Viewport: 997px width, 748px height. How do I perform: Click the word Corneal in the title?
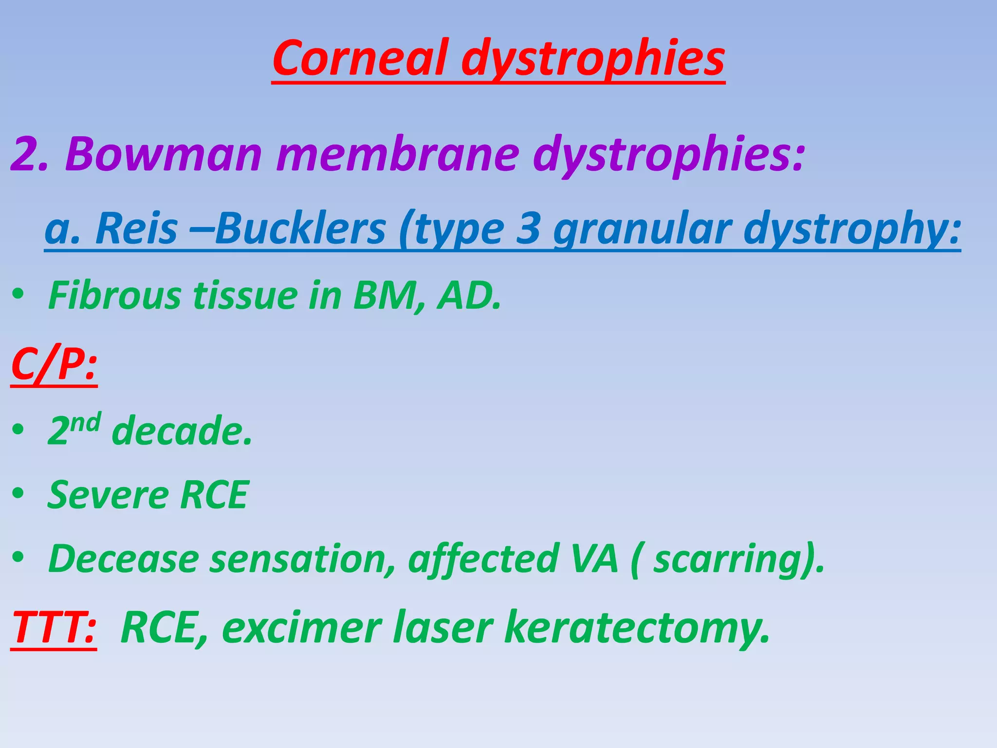coord(361,58)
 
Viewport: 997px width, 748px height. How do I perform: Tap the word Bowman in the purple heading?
coord(164,154)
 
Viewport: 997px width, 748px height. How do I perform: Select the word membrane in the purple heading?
coord(397,154)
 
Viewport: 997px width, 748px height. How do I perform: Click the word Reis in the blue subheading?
coord(136,229)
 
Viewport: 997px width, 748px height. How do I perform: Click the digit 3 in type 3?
coord(528,229)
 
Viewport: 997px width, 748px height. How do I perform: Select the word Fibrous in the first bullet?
coord(114,296)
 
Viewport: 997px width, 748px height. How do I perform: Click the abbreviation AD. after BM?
coord(469,296)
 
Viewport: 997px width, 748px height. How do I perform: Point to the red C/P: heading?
coord(54,365)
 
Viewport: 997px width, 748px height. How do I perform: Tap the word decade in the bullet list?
coord(182,431)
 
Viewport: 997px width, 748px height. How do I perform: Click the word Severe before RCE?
coord(108,495)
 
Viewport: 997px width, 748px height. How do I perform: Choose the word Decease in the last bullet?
coord(124,559)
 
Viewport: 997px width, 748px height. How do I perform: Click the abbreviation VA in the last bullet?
coord(594,559)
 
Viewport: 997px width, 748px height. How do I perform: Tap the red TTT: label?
coord(54,628)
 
